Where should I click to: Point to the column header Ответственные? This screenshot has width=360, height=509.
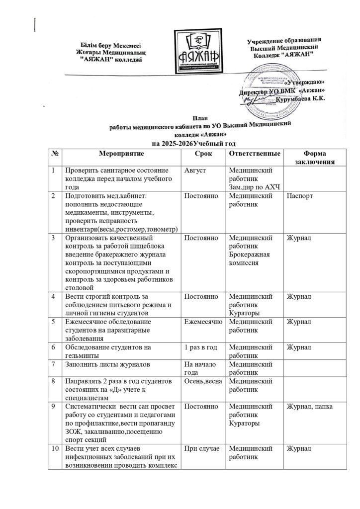[x=253, y=153]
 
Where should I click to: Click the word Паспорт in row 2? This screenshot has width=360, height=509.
[x=300, y=196]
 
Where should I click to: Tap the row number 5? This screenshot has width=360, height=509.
[x=54, y=322]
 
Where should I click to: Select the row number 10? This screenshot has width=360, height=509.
[x=54, y=450]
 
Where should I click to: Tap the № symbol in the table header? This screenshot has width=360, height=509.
[x=54, y=153]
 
